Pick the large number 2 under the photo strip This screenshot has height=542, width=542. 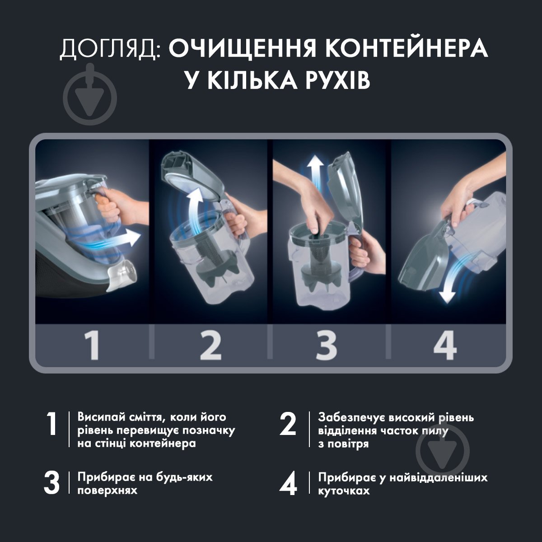coord(210,346)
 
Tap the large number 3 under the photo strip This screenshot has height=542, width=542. coord(326,346)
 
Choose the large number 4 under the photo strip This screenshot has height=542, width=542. coord(445,346)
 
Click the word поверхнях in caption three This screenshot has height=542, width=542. coord(107,491)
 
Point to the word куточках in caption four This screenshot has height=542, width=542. coord(344,491)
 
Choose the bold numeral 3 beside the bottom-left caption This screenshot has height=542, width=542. coord(52,483)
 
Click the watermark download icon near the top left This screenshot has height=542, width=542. coord(90,95)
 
